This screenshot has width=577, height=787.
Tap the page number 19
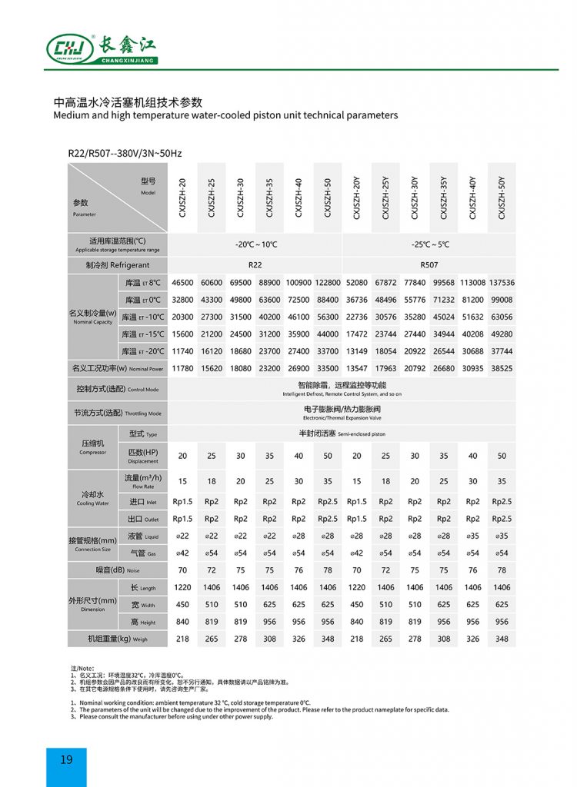click(x=66, y=759)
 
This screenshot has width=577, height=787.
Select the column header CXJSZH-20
click(x=182, y=198)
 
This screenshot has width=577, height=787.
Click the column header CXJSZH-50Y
click(x=502, y=198)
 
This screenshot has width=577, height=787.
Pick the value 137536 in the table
click(x=502, y=283)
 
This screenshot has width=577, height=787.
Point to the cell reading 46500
click(x=182, y=283)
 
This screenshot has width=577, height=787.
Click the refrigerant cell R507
click(x=429, y=264)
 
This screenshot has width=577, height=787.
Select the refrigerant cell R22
click(x=255, y=264)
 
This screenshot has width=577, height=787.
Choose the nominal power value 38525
click(x=502, y=368)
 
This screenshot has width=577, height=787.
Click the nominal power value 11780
click(x=182, y=368)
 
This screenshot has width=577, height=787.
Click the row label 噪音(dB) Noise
click(x=117, y=569)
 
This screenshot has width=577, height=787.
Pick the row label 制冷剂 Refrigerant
click(x=117, y=265)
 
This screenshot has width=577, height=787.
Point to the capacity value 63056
click(x=502, y=317)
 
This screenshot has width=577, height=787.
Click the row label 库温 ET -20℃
click(x=143, y=351)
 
